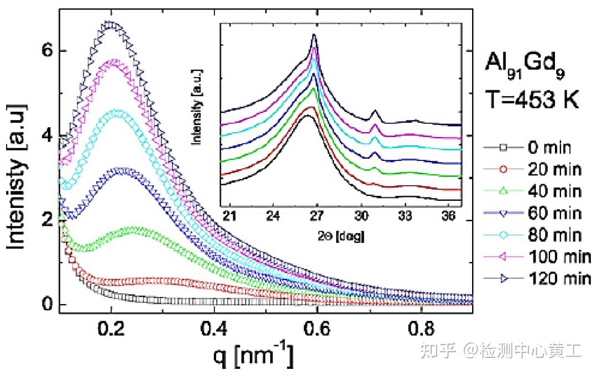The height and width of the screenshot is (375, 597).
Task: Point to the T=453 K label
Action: [532, 100]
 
